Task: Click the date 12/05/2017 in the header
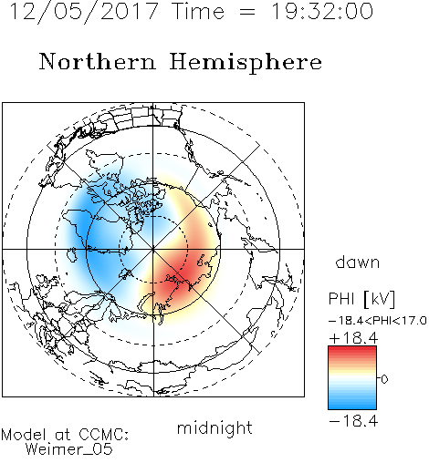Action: point(84,12)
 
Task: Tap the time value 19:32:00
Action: point(322,11)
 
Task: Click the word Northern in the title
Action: point(98,61)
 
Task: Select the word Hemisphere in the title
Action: point(246,63)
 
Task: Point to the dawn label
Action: point(358,262)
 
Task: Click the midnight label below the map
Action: point(214,427)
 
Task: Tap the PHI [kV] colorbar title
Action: point(362,299)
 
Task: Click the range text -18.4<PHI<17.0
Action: point(378,321)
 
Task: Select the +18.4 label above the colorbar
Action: point(353,338)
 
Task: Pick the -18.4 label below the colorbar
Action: point(353,421)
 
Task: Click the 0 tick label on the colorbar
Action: point(384,379)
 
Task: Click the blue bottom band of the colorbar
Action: point(352,405)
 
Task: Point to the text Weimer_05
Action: point(69,448)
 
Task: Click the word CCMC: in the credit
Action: point(104,434)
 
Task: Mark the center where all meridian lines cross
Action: point(153,249)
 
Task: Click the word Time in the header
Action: point(198,11)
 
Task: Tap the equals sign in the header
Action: point(246,12)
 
